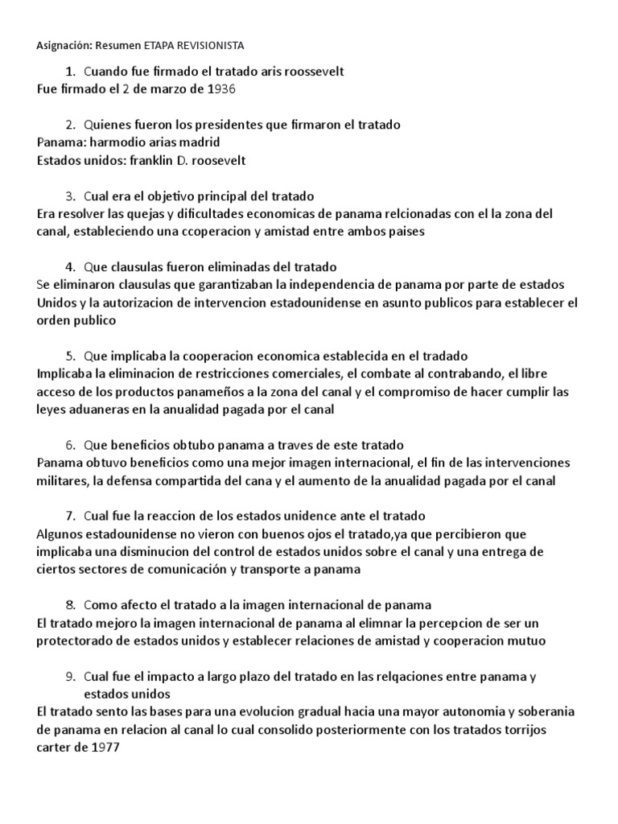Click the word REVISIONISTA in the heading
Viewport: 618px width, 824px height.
click(206, 46)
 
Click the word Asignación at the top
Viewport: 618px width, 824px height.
click(65, 46)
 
